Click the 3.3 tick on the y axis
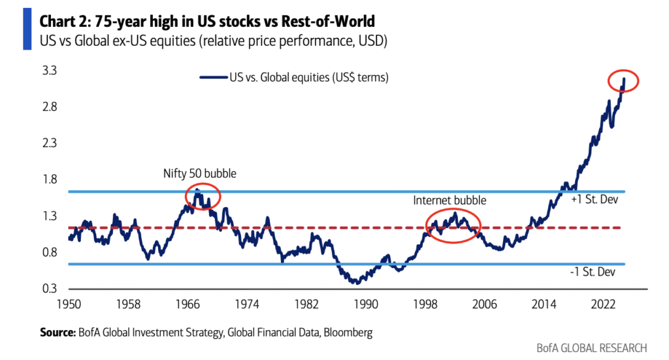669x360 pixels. click(x=50, y=70)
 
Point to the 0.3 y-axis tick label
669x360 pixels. click(x=50, y=289)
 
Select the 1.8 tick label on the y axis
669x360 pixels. click(x=50, y=180)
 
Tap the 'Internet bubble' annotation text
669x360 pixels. click(x=450, y=200)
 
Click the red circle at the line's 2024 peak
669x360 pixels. click(x=622, y=81)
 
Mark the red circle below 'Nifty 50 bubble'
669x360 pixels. click(x=203, y=196)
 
